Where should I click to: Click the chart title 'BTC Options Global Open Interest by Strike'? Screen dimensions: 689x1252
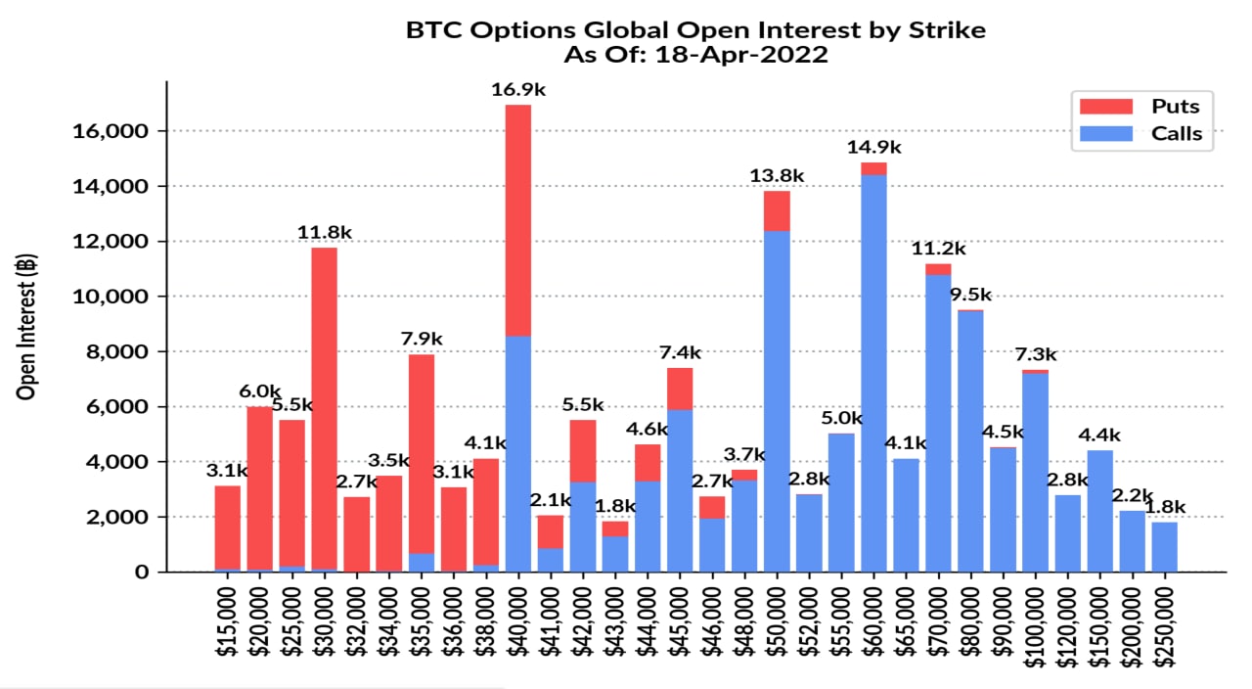[695, 30]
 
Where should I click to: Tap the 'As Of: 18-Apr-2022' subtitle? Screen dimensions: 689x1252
[695, 55]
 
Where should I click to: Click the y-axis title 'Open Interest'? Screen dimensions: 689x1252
[26, 327]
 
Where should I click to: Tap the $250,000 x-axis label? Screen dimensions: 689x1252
[1164, 626]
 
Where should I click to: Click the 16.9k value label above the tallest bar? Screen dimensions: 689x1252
[517, 90]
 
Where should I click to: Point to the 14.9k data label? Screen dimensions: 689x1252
[873, 148]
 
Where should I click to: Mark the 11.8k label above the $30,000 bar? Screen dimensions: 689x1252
[324, 233]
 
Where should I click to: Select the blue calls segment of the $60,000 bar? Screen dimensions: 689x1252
[873, 372]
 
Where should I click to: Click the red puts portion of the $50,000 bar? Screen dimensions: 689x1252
[777, 210]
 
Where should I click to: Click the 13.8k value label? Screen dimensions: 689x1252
[777, 176]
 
